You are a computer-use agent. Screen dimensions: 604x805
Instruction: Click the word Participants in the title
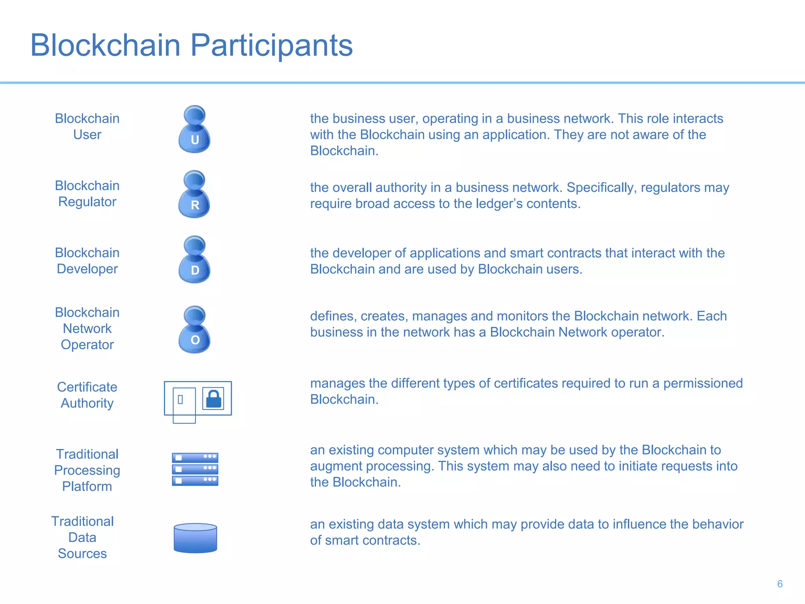point(271,46)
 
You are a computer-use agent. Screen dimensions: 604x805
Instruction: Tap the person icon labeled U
point(195,130)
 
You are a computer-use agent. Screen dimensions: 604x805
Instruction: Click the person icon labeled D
point(195,261)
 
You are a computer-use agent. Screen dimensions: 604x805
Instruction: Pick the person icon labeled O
point(195,331)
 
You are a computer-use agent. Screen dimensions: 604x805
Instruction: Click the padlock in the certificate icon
point(213,399)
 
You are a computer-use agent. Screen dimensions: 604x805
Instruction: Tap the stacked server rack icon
point(195,469)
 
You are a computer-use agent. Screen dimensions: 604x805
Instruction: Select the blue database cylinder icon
point(195,538)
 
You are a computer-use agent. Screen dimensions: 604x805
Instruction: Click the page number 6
point(780,584)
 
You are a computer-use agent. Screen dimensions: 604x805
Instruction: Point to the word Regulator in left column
point(87,202)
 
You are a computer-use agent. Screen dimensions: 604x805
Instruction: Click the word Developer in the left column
point(87,269)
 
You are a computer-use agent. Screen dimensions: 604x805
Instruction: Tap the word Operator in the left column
point(87,345)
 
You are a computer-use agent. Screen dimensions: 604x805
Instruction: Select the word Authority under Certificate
point(87,403)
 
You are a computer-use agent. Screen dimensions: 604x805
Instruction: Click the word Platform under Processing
point(87,487)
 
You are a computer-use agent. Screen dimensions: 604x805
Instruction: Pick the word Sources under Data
point(83,554)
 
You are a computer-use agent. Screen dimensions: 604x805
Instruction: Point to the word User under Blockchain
point(87,135)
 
